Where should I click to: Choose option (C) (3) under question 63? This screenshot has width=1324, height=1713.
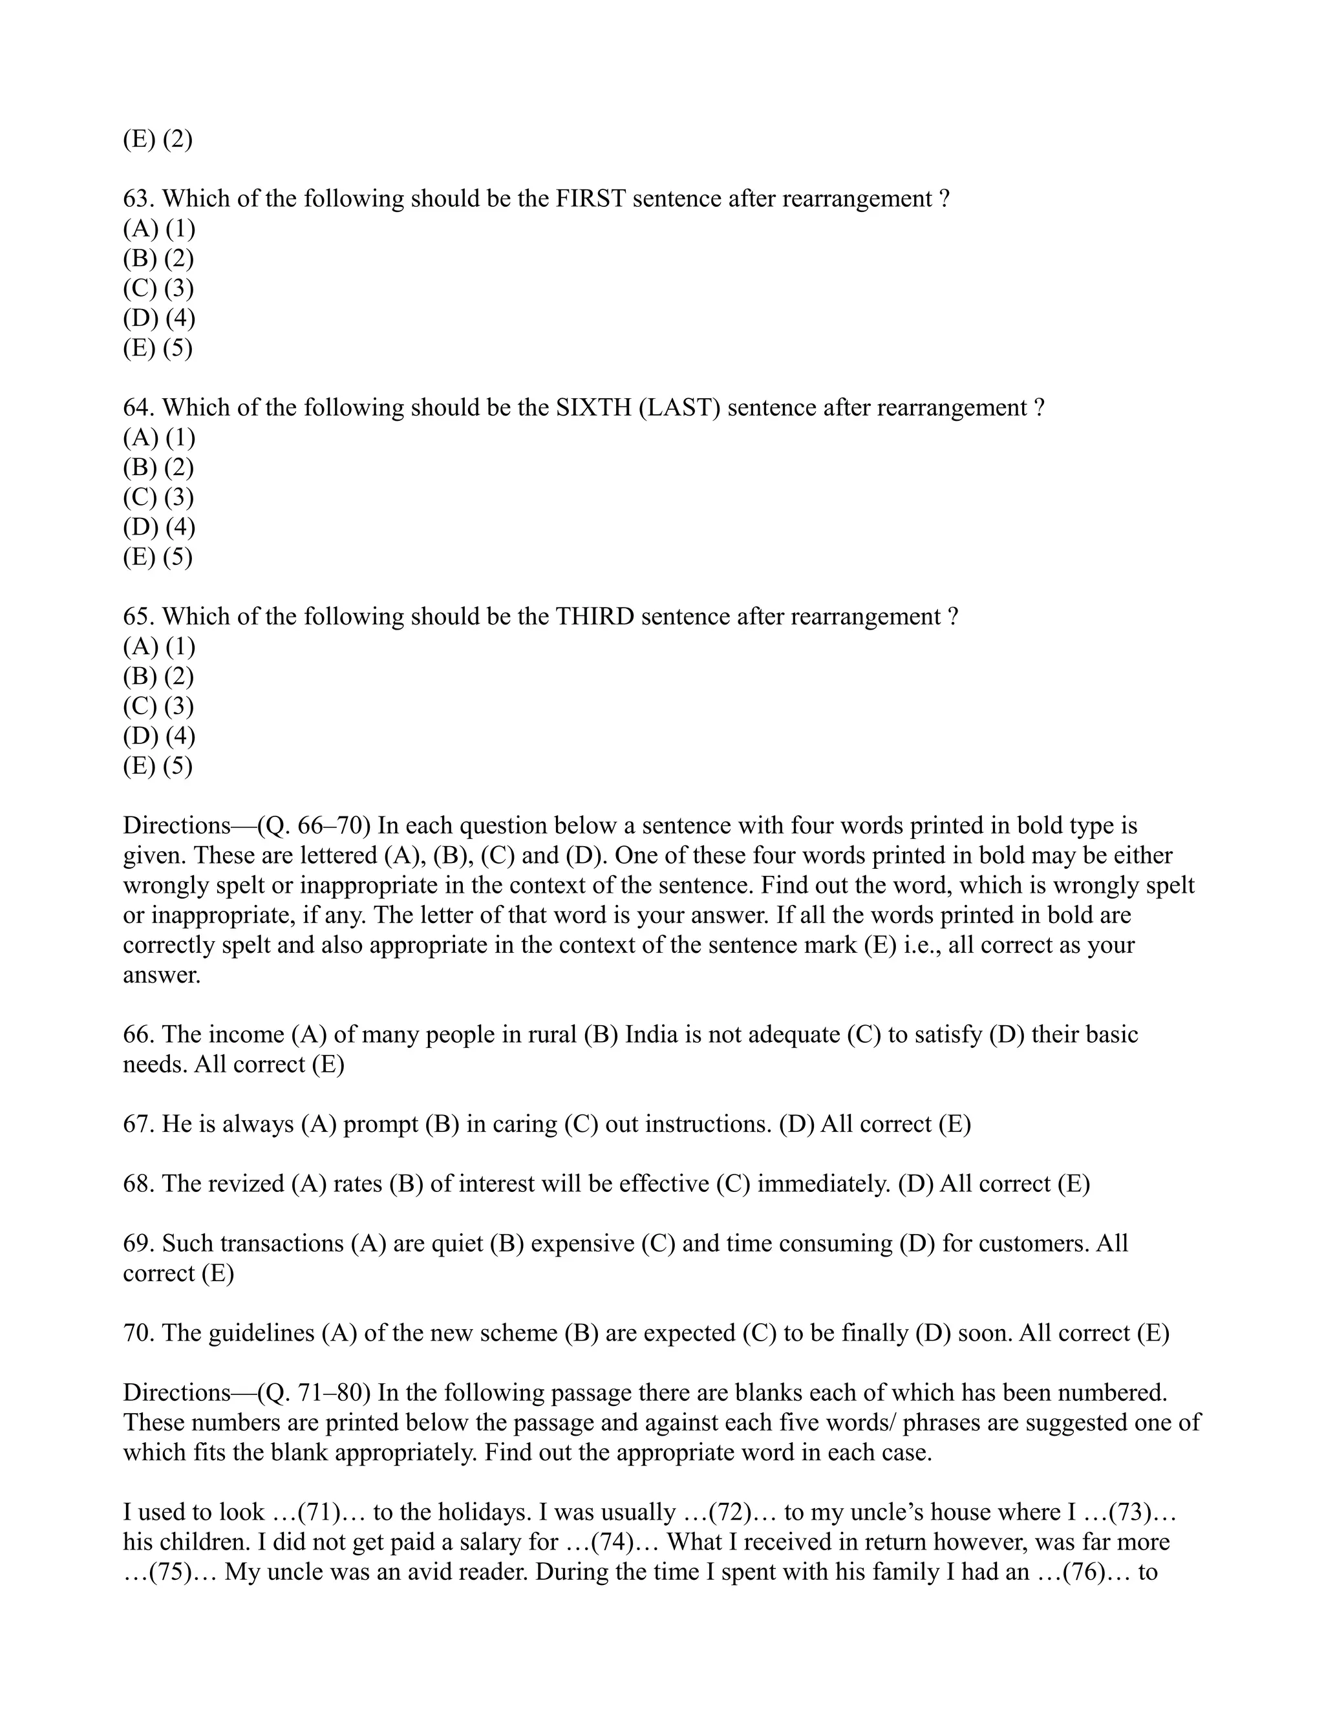click(158, 289)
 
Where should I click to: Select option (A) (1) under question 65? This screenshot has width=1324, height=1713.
click(158, 646)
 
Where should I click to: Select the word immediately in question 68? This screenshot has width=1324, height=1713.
click(823, 1184)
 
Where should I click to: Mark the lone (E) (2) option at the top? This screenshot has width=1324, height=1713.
click(158, 140)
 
